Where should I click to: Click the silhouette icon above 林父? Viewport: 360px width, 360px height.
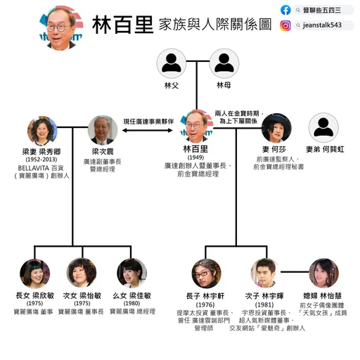[172, 64]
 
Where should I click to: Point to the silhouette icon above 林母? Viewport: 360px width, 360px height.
[223, 64]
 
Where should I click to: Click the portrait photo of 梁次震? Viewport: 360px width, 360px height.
[103, 131]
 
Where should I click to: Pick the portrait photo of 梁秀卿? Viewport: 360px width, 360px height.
[41, 131]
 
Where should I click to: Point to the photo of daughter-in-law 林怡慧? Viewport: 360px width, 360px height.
[323, 274]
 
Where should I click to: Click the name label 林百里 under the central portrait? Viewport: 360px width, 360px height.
[197, 150]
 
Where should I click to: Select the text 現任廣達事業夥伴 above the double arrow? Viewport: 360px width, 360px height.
[148, 121]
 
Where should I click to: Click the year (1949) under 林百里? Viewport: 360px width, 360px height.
[197, 158]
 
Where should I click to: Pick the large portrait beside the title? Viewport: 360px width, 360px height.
[60, 27]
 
